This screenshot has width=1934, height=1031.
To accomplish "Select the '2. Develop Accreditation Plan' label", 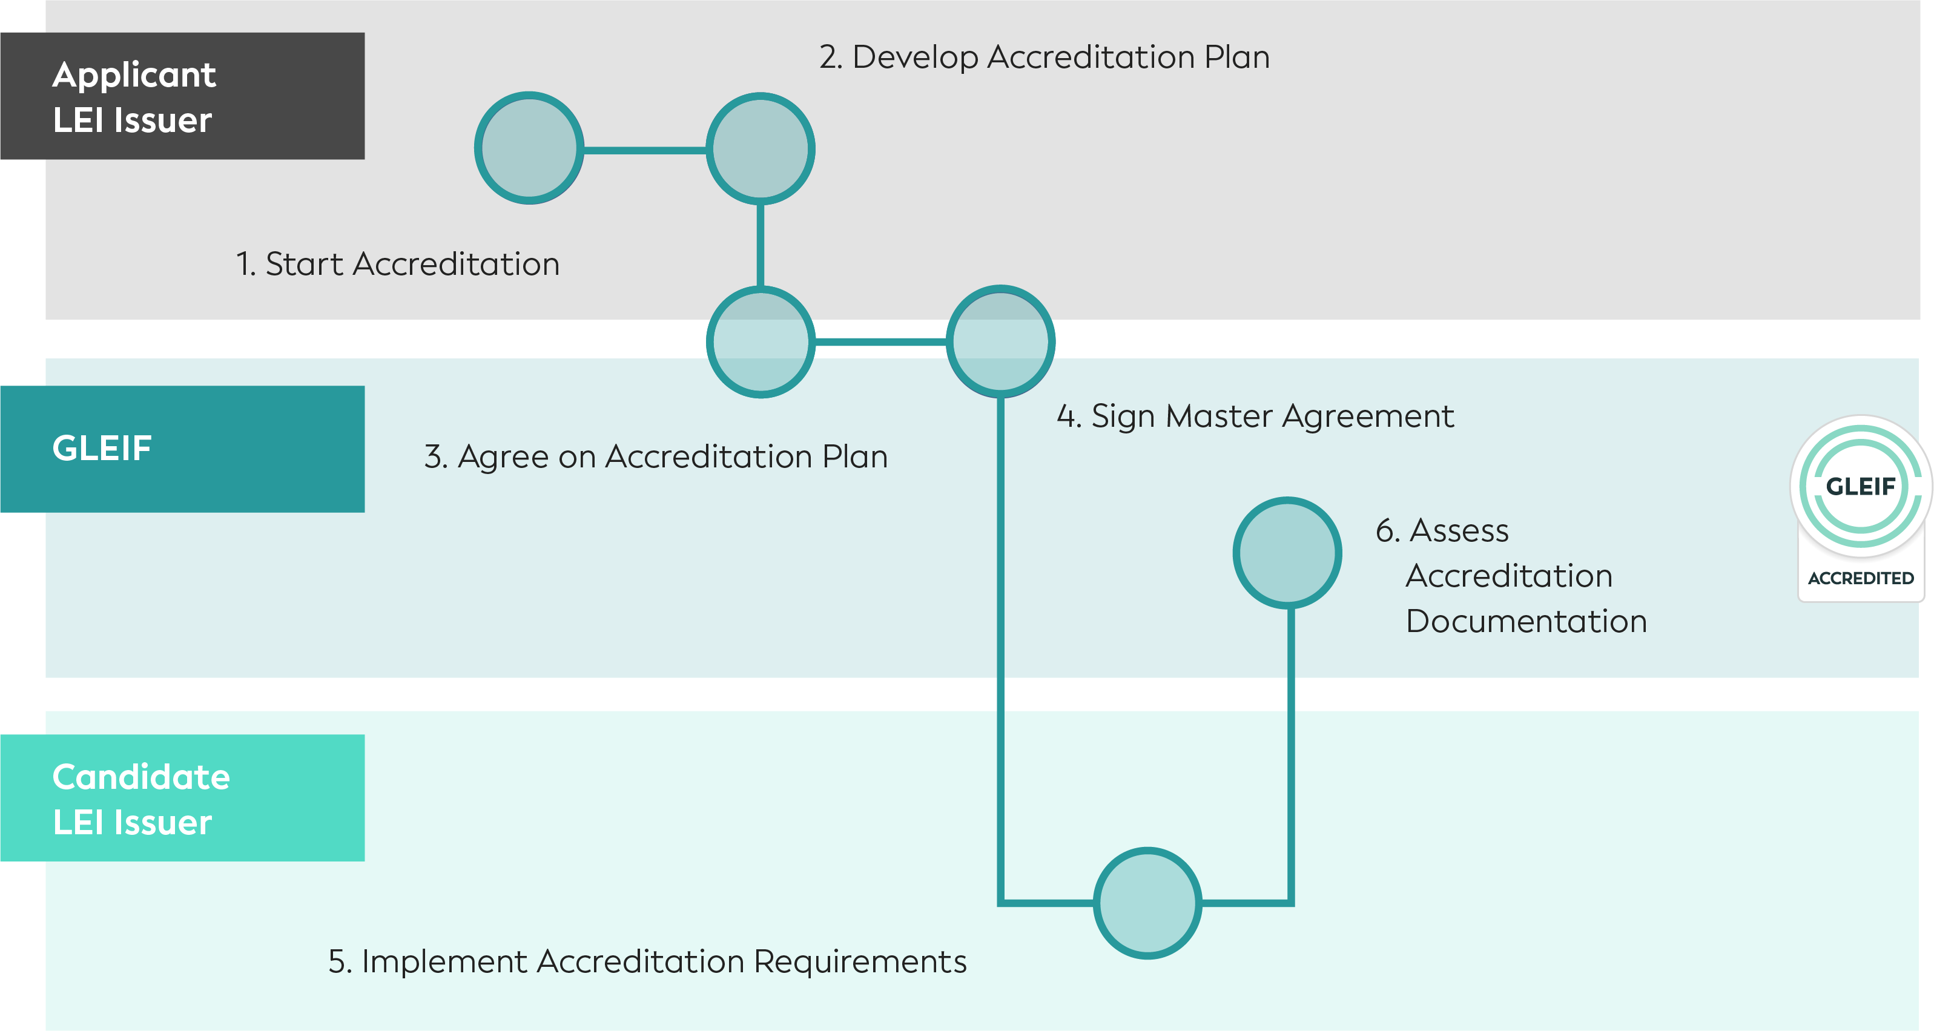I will tap(1043, 57).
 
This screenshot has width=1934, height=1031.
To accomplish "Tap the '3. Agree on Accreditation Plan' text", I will tap(655, 456).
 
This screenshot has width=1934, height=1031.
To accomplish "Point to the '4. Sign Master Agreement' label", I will tap(1255, 416).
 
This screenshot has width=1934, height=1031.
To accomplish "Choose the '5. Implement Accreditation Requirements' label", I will tap(647, 962).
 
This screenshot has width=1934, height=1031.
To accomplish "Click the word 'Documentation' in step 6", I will tap(1525, 622).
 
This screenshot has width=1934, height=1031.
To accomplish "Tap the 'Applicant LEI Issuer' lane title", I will tap(134, 97).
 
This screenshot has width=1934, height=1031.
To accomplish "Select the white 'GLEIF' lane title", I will tap(102, 448).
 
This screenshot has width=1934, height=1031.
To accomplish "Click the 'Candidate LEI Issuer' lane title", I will tap(141, 800).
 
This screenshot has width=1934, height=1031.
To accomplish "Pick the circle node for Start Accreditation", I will tap(529, 148).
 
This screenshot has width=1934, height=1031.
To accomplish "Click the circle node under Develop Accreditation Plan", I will tap(760, 148).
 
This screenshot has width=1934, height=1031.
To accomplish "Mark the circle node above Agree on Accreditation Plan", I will tap(760, 338).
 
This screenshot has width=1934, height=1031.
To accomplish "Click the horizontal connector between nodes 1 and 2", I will tap(644, 150).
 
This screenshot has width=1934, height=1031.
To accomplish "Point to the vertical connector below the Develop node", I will tap(760, 244).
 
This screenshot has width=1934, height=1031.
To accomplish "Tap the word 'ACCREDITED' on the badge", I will tap(1860, 578).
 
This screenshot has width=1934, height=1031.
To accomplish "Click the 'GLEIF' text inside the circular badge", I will tap(1860, 487).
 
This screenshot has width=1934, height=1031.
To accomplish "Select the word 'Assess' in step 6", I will tap(1459, 531).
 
